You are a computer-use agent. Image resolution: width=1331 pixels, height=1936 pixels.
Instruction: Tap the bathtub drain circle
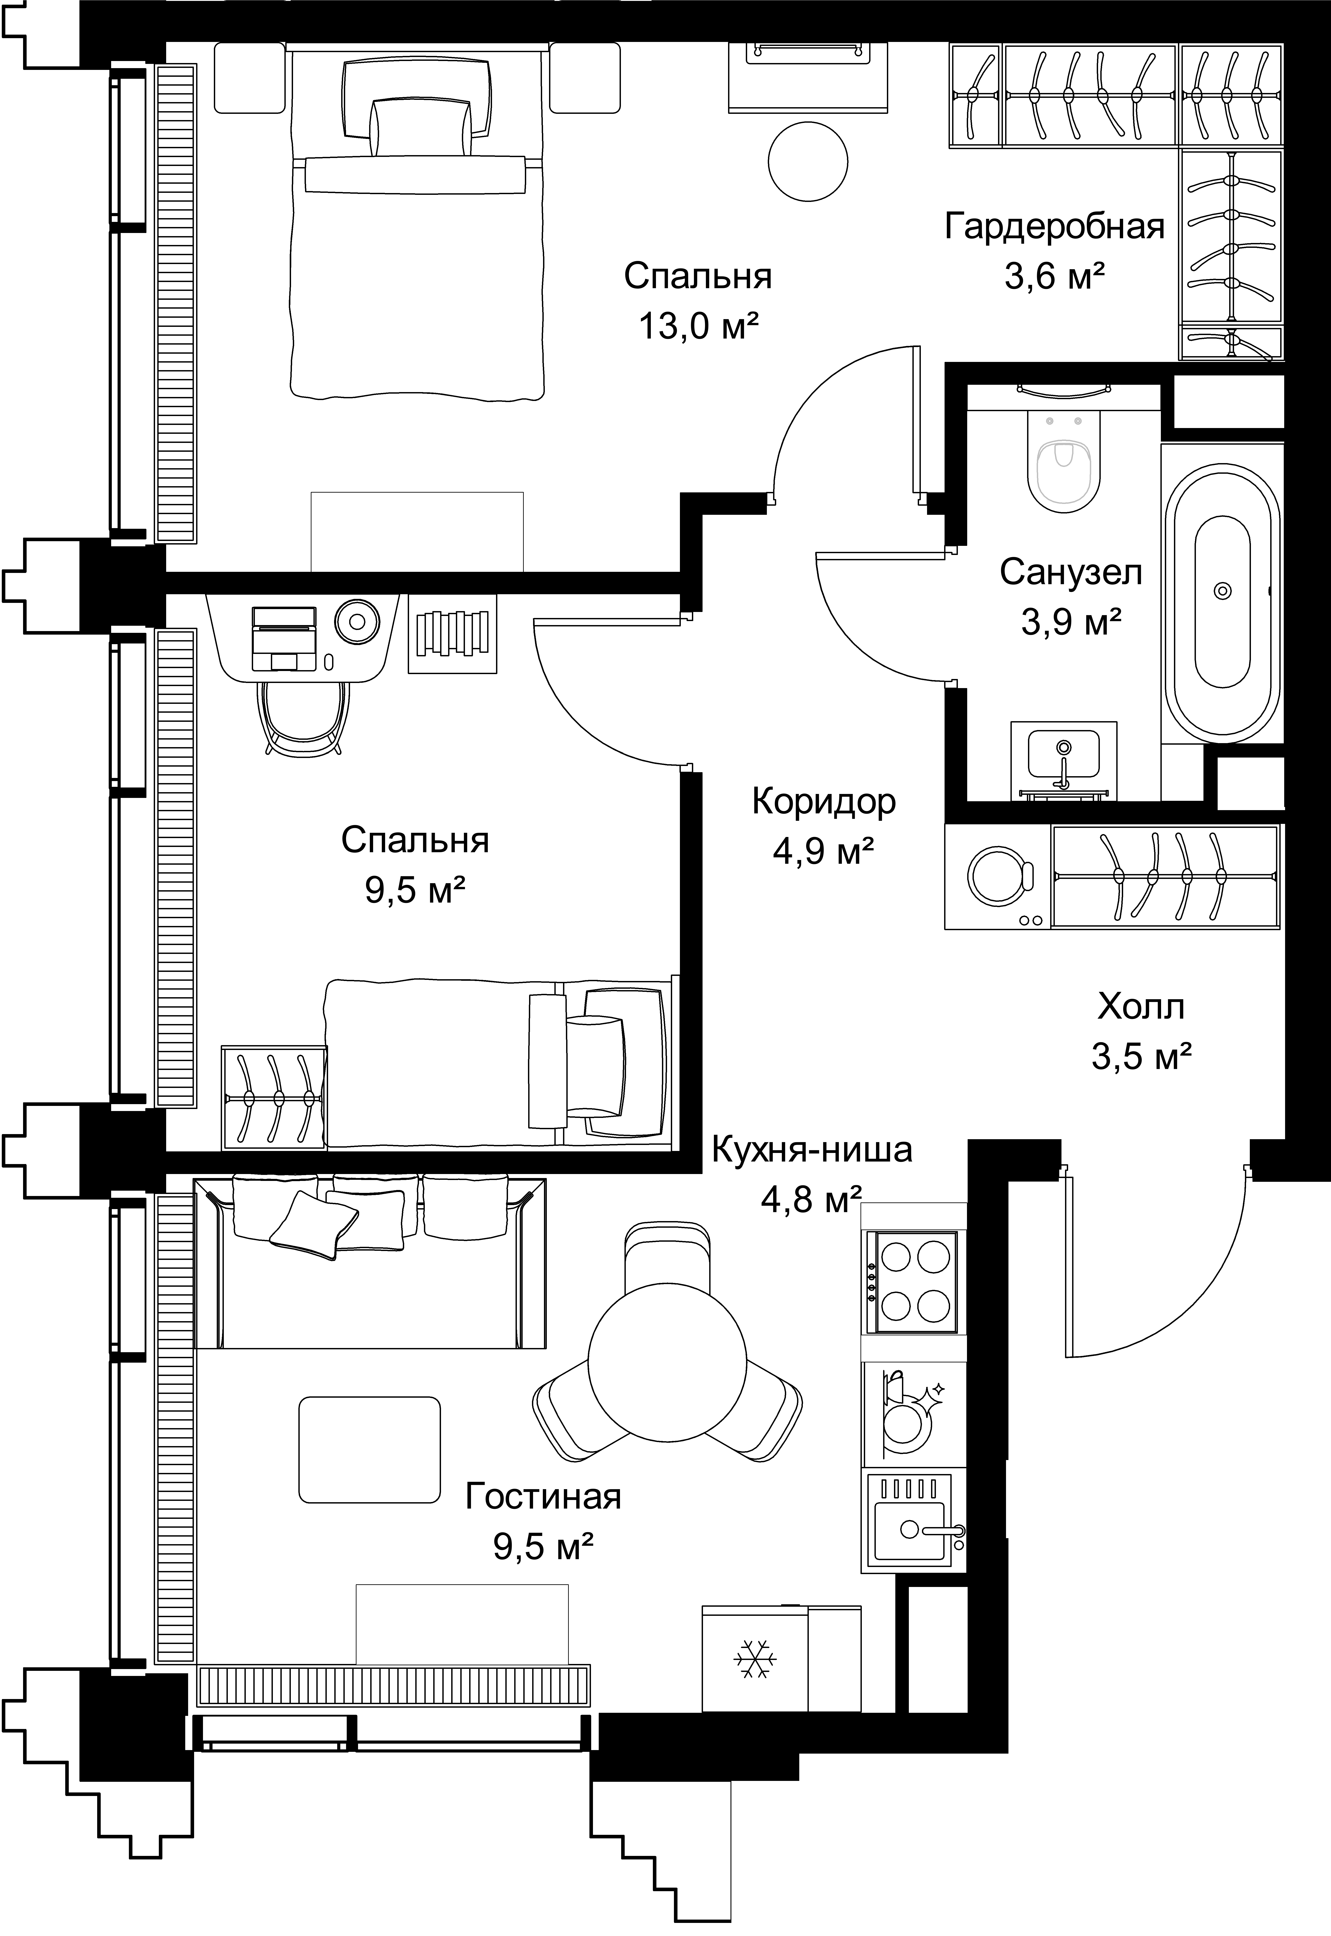click(1223, 590)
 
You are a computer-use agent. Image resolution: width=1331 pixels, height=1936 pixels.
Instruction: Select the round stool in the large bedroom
click(808, 161)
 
